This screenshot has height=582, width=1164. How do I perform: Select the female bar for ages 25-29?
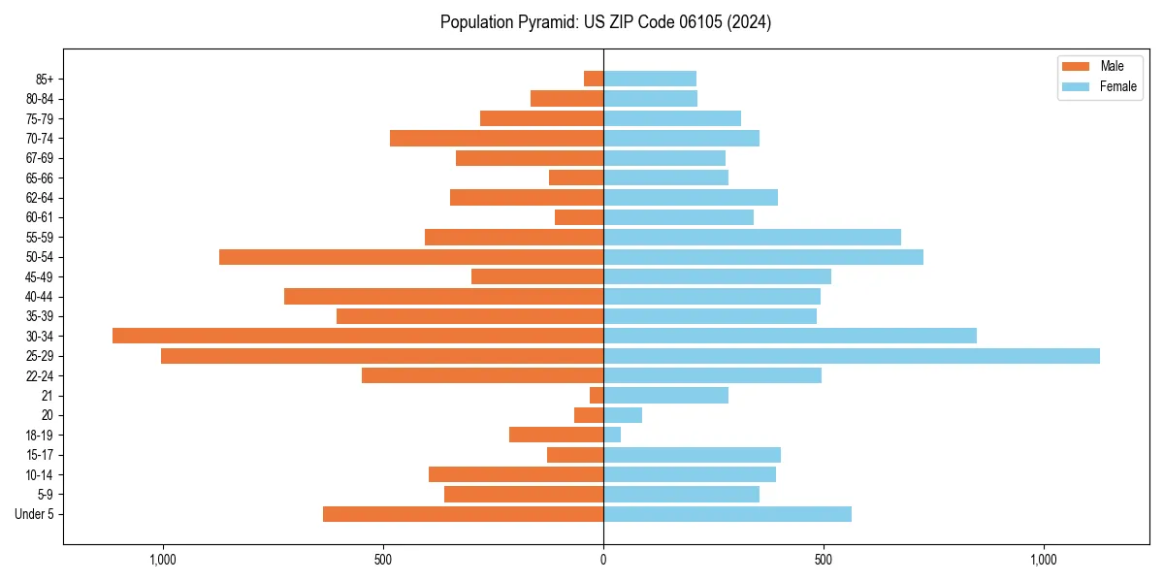[x=851, y=356]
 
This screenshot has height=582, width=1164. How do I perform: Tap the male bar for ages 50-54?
[x=411, y=257]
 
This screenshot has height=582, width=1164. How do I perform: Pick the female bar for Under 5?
[x=727, y=514]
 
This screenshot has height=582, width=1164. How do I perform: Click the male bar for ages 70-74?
[x=497, y=139]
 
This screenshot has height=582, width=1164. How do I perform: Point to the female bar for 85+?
[x=649, y=79]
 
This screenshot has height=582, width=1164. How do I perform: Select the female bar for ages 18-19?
[x=612, y=435]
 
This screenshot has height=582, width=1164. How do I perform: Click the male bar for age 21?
[x=597, y=396]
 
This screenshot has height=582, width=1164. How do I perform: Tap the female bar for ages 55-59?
[x=752, y=237]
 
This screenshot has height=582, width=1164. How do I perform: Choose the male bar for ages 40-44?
[x=443, y=296]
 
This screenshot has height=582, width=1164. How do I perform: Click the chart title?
[x=605, y=22]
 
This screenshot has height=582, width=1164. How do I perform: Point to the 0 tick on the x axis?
[x=603, y=560]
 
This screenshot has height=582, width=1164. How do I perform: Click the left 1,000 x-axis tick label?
[x=162, y=560]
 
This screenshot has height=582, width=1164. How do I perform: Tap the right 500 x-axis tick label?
[x=824, y=560]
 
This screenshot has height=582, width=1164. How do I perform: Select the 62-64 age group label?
[x=40, y=198]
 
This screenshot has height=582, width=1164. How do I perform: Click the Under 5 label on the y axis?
[x=35, y=514]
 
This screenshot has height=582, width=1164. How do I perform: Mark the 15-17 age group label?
[x=40, y=455]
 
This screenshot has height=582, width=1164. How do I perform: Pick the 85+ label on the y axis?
[x=45, y=79]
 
